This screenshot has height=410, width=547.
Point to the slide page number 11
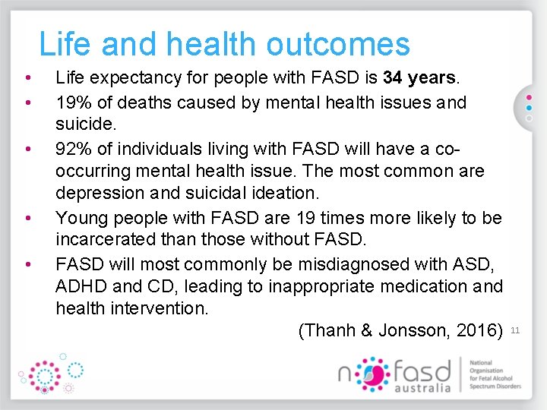(x=515, y=330)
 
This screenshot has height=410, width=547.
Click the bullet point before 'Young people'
(x=27, y=219)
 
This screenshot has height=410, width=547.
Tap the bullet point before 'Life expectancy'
(x=27, y=78)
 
